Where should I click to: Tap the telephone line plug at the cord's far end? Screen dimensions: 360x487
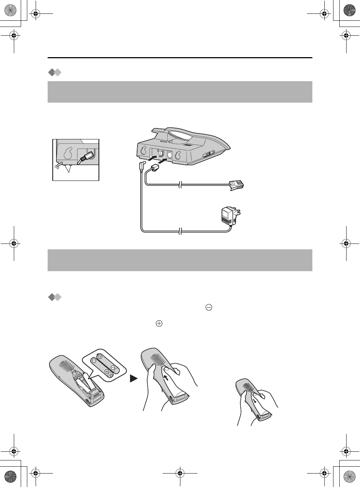coord(237,185)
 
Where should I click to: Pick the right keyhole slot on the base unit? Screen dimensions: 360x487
coord(178,156)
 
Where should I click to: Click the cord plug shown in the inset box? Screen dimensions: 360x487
coord(86,157)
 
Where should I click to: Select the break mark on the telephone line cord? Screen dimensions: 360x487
coord(180,186)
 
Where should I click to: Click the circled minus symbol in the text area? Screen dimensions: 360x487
coord(209,308)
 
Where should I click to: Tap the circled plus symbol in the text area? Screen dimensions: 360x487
coord(159,323)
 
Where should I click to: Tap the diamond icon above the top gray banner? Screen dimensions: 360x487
coord(55,73)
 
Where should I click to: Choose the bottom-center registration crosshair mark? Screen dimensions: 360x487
coord(180,473)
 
